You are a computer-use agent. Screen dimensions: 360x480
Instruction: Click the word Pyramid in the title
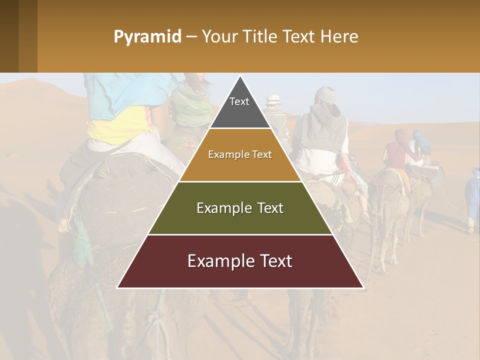(x=147, y=37)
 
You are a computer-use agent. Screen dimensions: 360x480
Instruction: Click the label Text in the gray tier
(x=239, y=101)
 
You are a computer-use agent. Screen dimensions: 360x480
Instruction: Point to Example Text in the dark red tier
(x=240, y=261)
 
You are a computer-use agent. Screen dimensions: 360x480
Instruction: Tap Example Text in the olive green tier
(x=240, y=208)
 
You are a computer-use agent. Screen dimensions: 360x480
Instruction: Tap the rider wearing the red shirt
(x=394, y=150)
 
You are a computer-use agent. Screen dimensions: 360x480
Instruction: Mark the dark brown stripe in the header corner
(x=9, y=36)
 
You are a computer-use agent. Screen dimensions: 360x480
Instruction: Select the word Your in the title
(x=218, y=37)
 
